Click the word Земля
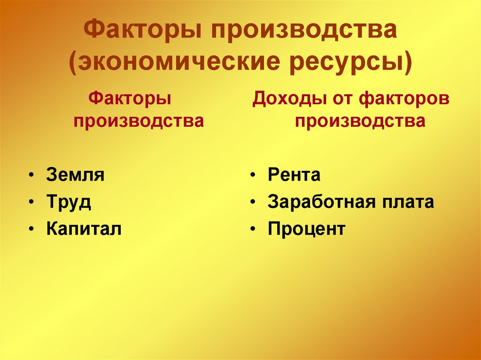point(75,176)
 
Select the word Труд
point(69,203)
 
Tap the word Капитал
point(84,230)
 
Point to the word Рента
point(294,176)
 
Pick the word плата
point(407,203)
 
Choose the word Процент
point(306,230)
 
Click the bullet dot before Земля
point(31,176)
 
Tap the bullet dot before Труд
point(31,203)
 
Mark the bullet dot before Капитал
point(31,230)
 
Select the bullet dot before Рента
point(253,176)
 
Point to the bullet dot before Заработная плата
point(253,203)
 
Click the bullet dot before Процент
point(253,230)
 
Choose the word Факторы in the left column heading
point(130,99)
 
